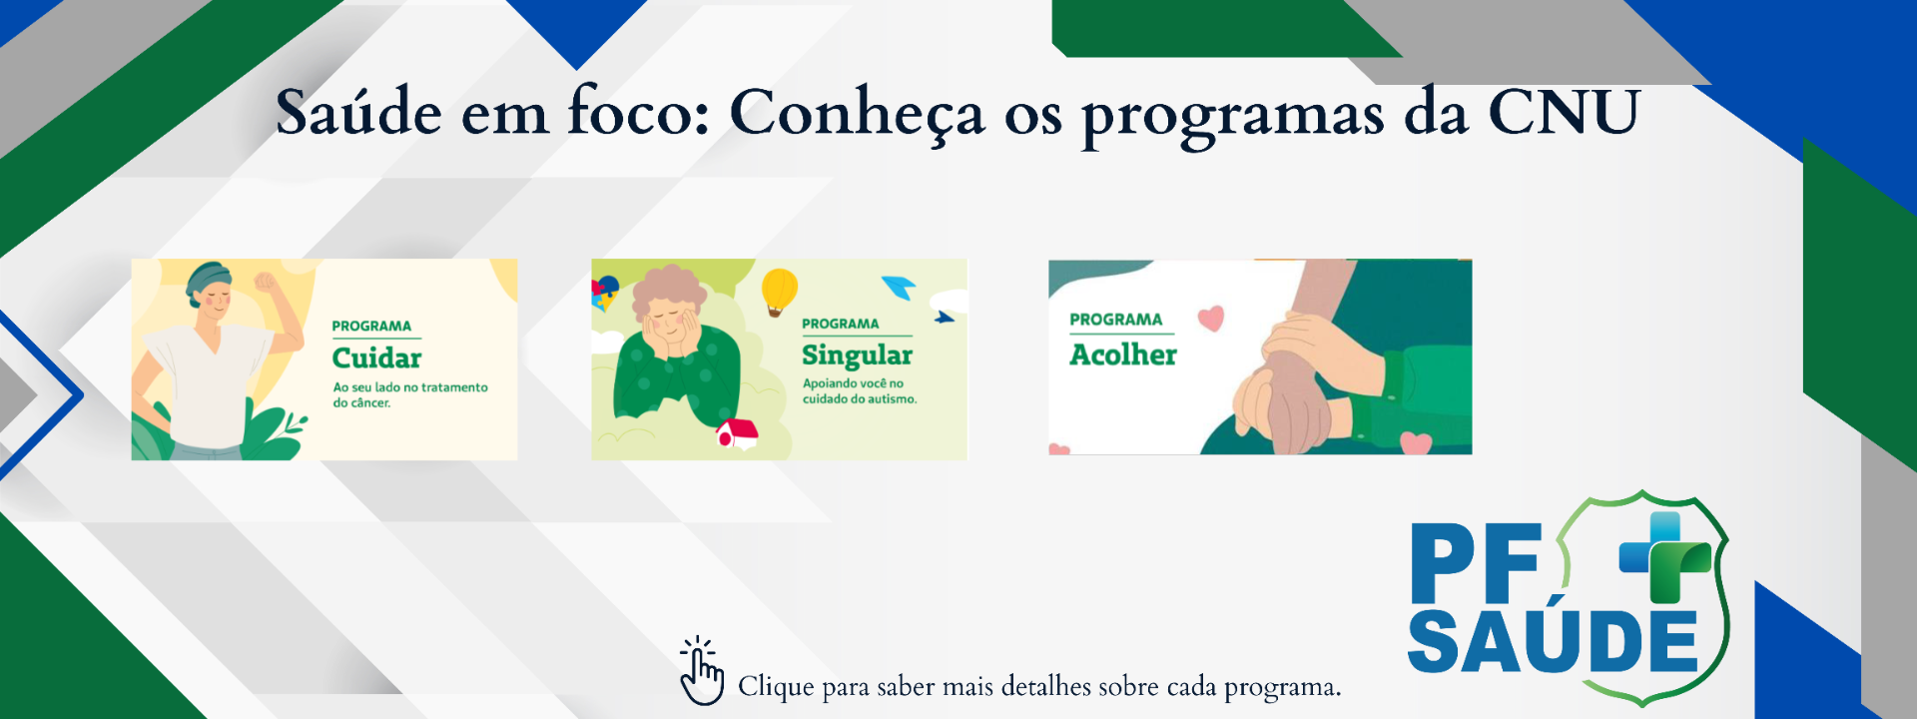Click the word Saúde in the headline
(x=358, y=112)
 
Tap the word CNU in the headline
(x=1564, y=112)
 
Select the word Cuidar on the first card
(x=376, y=358)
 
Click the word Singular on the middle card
(x=857, y=356)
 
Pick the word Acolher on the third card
(x=1123, y=355)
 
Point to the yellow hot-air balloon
(x=779, y=290)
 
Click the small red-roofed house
(x=737, y=433)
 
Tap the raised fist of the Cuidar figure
(x=266, y=282)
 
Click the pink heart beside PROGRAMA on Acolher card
(x=1210, y=318)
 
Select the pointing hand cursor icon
(x=701, y=672)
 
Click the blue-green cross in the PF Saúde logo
(x=1664, y=555)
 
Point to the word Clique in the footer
(x=776, y=687)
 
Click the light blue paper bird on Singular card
(x=899, y=288)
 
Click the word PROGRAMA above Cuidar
(x=371, y=326)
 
